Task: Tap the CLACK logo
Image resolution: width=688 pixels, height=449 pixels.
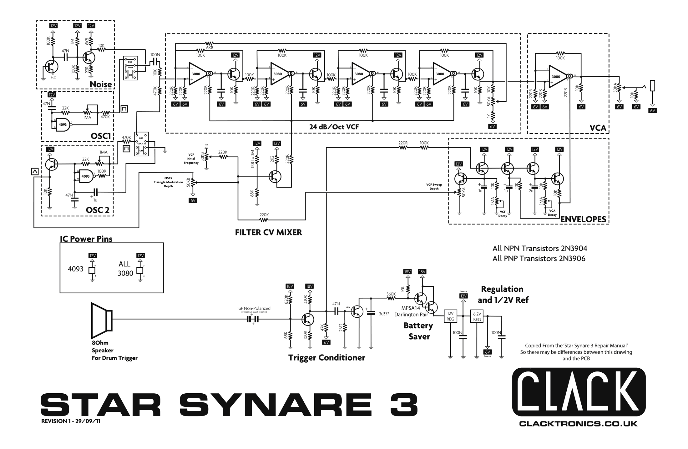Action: click(x=579, y=392)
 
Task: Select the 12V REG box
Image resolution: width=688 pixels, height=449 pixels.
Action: click(x=450, y=316)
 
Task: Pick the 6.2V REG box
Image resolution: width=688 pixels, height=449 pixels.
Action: click(x=477, y=316)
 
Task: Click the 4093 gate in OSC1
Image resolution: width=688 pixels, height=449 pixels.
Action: click(x=63, y=124)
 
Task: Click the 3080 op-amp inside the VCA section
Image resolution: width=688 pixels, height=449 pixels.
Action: click(x=557, y=77)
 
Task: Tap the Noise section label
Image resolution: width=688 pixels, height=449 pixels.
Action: click(x=101, y=84)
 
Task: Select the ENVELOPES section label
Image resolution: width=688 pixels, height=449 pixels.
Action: click(x=583, y=219)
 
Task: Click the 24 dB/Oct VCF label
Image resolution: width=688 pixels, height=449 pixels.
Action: click(x=334, y=127)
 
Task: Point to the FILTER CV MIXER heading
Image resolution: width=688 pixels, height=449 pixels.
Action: click(x=268, y=232)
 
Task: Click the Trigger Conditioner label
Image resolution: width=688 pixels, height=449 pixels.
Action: click(x=326, y=357)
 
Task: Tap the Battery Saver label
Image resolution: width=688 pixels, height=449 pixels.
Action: click(x=419, y=331)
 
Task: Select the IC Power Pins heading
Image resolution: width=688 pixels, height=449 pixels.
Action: click(x=86, y=239)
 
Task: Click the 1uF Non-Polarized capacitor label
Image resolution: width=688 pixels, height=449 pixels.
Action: click(x=254, y=308)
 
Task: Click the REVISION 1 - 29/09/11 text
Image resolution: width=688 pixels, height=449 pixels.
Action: click(x=71, y=421)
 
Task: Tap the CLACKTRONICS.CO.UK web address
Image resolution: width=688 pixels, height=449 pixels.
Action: click(x=578, y=424)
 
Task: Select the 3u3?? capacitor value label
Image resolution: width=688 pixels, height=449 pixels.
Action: click(x=384, y=314)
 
